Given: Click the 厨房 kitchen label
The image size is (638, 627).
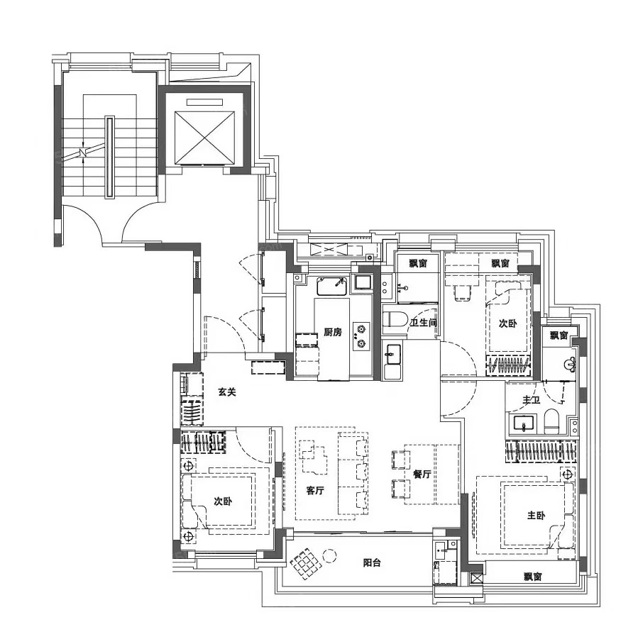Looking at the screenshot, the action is pyautogui.click(x=333, y=332).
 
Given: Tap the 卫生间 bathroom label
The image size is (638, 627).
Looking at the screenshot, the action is pyautogui.click(x=423, y=323).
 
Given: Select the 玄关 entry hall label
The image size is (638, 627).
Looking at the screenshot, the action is pyautogui.click(x=227, y=392).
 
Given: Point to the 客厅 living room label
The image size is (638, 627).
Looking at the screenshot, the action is pyautogui.click(x=315, y=490).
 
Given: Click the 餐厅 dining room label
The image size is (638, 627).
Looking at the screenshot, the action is pyautogui.click(x=422, y=474).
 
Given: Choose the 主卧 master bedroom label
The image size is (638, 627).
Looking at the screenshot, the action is pyautogui.click(x=536, y=516).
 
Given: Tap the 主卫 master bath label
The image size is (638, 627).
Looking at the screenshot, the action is pyautogui.click(x=531, y=401).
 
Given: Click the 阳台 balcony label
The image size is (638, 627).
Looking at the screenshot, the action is pyautogui.click(x=372, y=562).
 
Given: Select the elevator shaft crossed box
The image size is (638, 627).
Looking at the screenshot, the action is pyautogui.click(x=205, y=137).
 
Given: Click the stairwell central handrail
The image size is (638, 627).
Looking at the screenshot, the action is pyautogui.click(x=110, y=157).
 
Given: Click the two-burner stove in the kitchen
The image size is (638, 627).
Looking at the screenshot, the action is pyautogui.click(x=361, y=336).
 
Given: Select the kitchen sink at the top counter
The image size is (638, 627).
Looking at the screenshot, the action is pyautogui.click(x=332, y=287).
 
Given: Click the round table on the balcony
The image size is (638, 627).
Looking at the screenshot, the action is pyautogui.click(x=329, y=555).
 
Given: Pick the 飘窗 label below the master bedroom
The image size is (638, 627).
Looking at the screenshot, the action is pyautogui.click(x=533, y=577).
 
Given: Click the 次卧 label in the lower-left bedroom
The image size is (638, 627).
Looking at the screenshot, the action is pyautogui.click(x=223, y=501).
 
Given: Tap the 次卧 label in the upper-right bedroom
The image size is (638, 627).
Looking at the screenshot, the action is pyautogui.click(x=508, y=323).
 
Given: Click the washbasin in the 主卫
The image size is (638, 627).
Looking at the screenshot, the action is pyautogui.click(x=523, y=423).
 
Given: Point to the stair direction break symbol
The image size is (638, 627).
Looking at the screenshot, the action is pyautogui.click(x=84, y=153).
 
